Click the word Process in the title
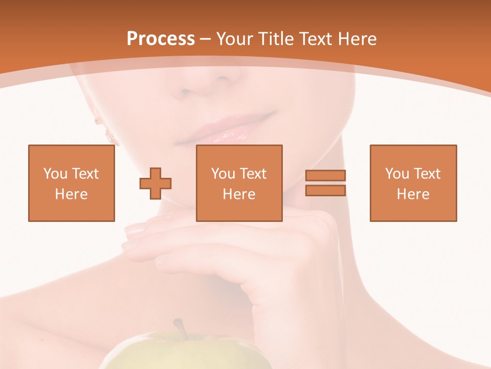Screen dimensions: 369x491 (161, 39)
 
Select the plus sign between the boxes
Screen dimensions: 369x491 (155, 183)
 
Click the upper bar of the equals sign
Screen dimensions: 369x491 (325, 175)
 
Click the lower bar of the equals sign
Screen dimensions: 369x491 (325, 190)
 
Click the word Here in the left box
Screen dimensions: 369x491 (72, 194)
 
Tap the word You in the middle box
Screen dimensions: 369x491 (223, 174)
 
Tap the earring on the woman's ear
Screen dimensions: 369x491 (108, 134)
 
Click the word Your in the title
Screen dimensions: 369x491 (234, 39)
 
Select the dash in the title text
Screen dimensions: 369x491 (206, 39)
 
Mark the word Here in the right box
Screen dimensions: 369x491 (413, 194)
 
